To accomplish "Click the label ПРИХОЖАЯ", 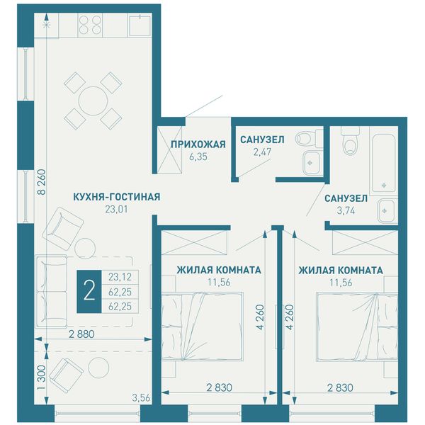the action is pyautogui.click(x=198, y=144).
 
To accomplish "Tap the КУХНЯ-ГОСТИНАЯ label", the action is pyautogui.click(x=117, y=197).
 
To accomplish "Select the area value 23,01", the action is pyautogui.click(x=116, y=209).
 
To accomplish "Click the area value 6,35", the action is pyautogui.click(x=198, y=157).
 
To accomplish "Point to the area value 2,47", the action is pyautogui.click(x=262, y=152).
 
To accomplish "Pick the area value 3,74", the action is pyautogui.click(x=346, y=210).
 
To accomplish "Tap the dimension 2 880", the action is pyautogui.click(x=81, y=334).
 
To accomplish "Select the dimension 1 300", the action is pyautogui.click(x=42, y=378).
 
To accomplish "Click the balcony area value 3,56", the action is pyautogui.click(x=141, y=398).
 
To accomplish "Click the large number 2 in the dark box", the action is pyautogui.click(x=89, y=292).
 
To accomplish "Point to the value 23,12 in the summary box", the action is pyautogui.click(x=120, y=277).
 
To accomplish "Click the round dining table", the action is pyautogui.click(x=93, y=101).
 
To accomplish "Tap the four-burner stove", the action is pyautogui.click(x=90, y=25).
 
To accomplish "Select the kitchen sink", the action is pyautogui.click(x=140, y=25).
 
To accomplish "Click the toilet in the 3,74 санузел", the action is pyautogui.click(x=350, y=141).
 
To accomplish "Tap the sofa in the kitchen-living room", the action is pyautogui.click(x=52, y=292).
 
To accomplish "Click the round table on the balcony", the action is pyautogui.click(x=98, y=368).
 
